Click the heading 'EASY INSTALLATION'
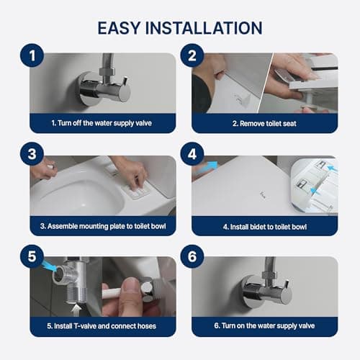(180, 28)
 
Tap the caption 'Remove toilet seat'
(265, 123)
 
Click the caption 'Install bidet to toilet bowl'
(265, 227)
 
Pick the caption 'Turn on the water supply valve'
(265, 326)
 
